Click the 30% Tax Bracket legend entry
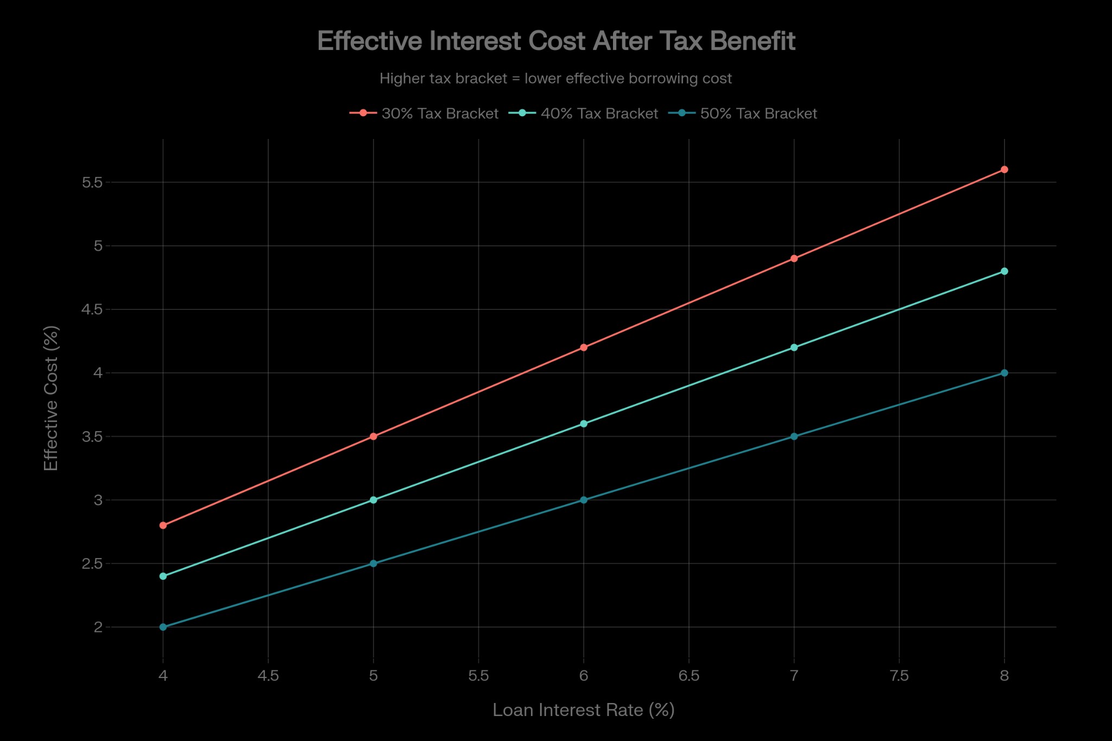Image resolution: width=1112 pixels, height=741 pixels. pyautogui.click(x=424, y=113)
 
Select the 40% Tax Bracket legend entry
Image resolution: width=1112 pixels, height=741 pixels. pyautogui.click(x=584, y=113)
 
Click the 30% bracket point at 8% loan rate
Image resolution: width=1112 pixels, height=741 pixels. pyautogui.click(x=1004, y=169)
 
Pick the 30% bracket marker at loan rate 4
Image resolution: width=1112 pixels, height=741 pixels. pyautogui.click(x=163, y=525)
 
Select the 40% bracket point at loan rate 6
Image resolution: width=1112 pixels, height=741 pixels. pyautogui.click(x=584, y=423)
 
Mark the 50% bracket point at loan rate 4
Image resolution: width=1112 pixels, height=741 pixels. pyautogui.click(x=163, y=627)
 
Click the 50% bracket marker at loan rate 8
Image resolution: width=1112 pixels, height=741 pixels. pyautogui.click(x=1004, y=373)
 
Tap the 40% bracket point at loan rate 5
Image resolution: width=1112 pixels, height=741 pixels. pyautogui.click(x=373, y=500)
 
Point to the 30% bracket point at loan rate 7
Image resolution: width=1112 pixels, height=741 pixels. pyautogui.click(x=794, y=258)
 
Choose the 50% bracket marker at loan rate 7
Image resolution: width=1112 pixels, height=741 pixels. pyautogui.click(x=794, y=436)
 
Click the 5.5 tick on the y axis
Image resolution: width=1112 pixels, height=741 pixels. pyautogui.click(x=92, y=182)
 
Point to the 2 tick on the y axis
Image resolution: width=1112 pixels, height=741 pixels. pyautogui.click(x=98, y=627)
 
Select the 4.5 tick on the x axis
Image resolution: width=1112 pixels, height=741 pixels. pyautogui.click(x=268, y=676)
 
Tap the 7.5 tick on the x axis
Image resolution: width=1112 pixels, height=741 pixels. pyautogui.click(x=899, y=676)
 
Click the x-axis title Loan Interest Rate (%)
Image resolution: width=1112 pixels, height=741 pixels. pyautogui.click(x=583, y=710)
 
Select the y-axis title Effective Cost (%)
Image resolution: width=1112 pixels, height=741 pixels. pyautogui.click(x=51, y=398)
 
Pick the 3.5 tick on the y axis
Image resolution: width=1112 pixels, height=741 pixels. pyautogui.click(x=92, y=436)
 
